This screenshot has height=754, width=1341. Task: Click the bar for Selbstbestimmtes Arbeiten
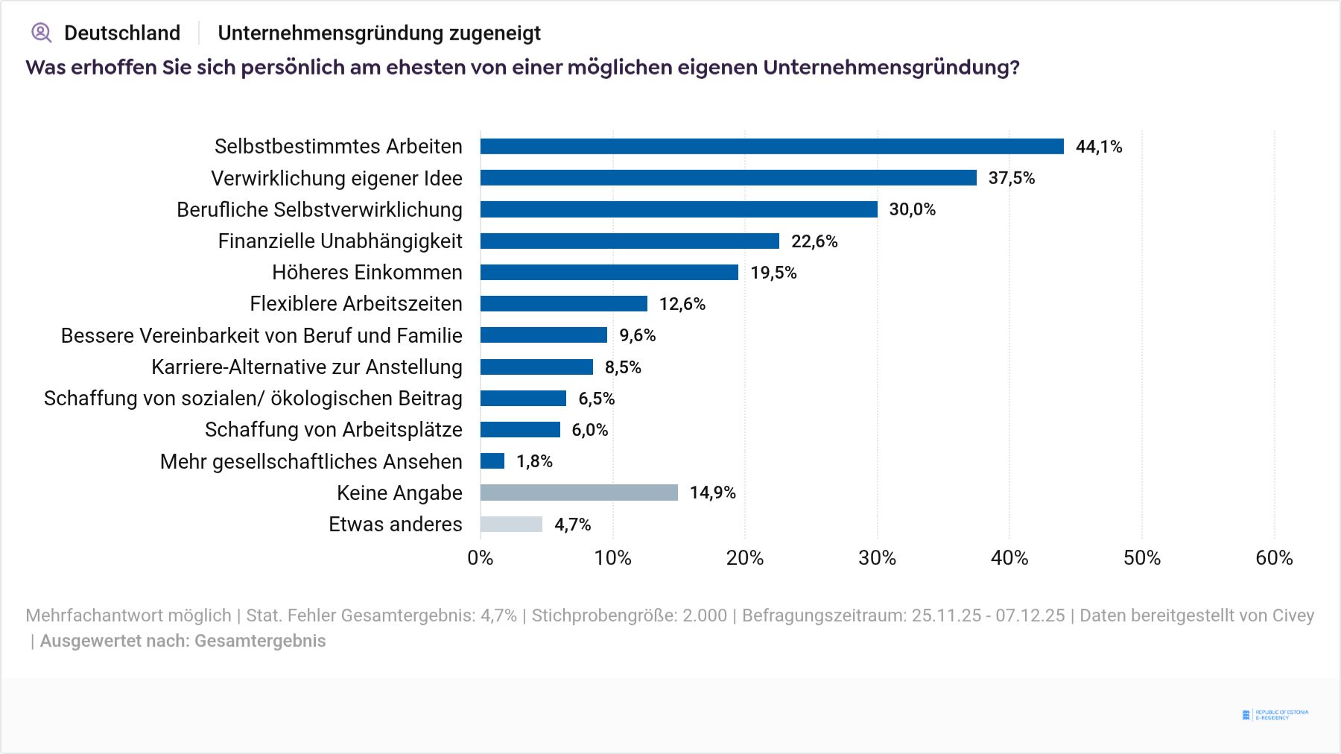[x=772, y=146]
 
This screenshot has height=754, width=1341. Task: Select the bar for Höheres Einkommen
[x=609, y=272]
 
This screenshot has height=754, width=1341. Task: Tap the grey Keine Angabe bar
[x=579, y=492]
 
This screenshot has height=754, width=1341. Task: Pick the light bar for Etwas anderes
[x=511, y=524]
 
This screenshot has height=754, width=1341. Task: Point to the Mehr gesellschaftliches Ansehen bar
[x=492, y=461]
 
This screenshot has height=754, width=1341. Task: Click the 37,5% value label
[x=1011, y=178]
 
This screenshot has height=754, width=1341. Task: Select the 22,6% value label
[x=814, y=241]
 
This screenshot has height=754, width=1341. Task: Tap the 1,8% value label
[x=534, y=461]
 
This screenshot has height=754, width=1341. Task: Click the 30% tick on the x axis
[x=877, y=558]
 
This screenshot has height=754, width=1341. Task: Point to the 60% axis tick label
[x=1274, y=558]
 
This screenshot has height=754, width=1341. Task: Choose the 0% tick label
[x=481, y=558]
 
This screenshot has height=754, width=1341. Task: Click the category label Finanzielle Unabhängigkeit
[x=340, y=241]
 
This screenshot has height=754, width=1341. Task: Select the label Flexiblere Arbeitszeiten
[x=356, y=304]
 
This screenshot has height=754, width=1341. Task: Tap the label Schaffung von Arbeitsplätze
[x=333, y=430]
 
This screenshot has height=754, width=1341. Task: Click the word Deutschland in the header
[x=122, y=33]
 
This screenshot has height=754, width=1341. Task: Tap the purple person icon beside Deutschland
[x=41, y=33]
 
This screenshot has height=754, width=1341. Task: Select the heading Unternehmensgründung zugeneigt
[x=379, y=33]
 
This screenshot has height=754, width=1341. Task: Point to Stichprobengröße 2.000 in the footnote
[x=629, y=615]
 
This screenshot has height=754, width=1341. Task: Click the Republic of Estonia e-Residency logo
[x=1275, y=715]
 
